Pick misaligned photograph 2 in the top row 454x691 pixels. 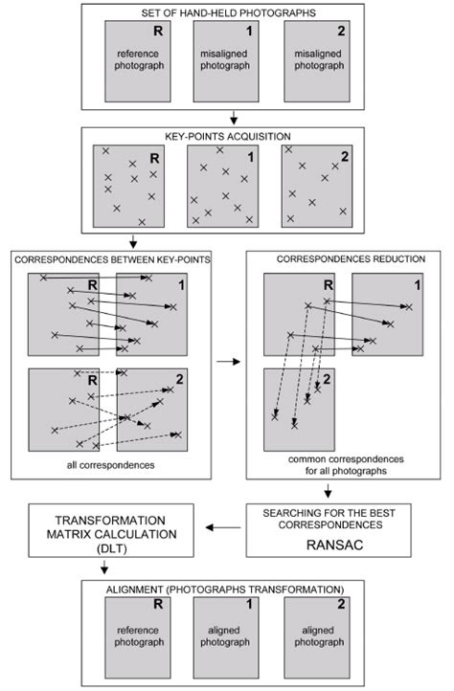click(x=319, y=62)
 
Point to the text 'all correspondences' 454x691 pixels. click(x=119, y=465)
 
